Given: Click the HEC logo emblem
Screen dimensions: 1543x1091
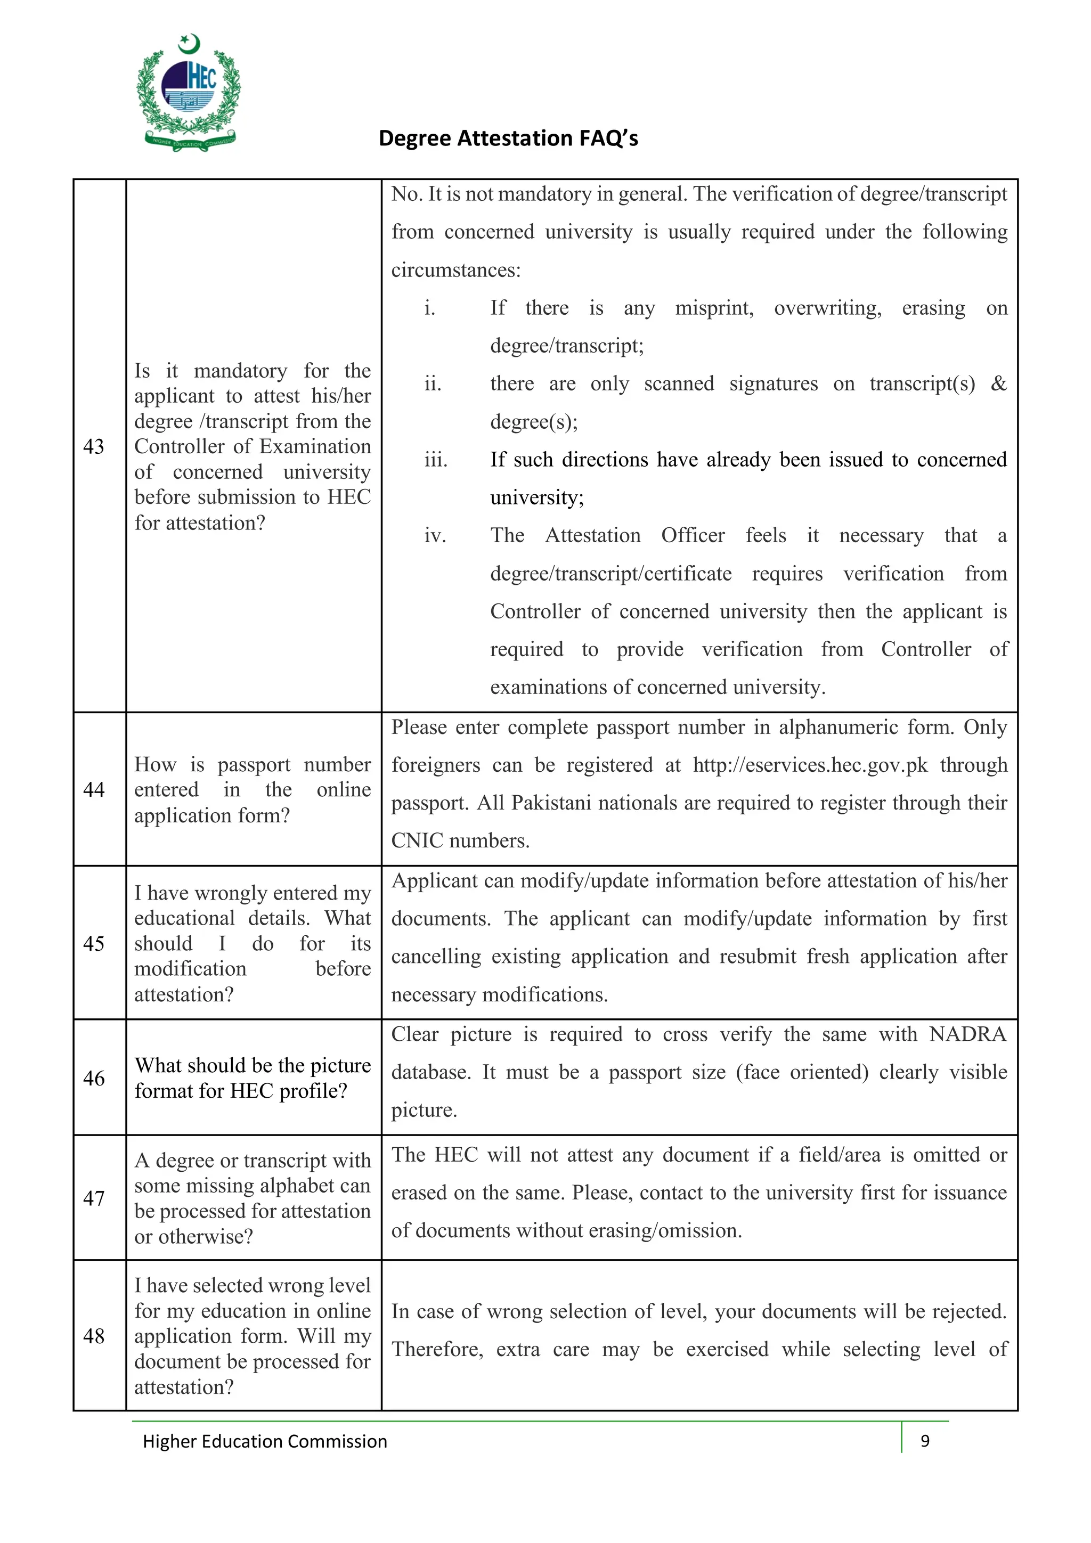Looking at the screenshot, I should pos(188,93).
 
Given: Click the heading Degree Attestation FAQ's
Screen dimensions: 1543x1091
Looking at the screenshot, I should pos(508,138).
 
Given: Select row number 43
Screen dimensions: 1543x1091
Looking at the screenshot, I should pos(93,446).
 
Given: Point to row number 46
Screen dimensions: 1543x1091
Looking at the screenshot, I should pos(93,1078).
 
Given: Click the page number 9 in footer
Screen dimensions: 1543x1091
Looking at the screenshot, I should pos(924,1440).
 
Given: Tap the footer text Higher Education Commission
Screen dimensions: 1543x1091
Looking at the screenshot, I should pos(265,1441).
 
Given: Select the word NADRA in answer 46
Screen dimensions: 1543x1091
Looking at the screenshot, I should pos(967,1034).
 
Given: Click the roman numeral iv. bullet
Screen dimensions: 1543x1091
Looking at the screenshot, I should pos(435,536).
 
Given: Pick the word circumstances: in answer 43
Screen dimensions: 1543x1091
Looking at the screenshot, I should pos(456,270).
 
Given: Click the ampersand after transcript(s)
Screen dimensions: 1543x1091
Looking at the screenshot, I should pos(998,383).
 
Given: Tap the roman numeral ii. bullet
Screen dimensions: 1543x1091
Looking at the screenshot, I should pos(432,383).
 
